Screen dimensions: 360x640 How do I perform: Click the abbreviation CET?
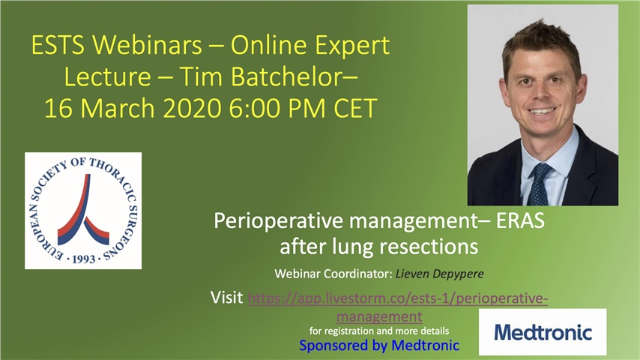[x=348, y=109]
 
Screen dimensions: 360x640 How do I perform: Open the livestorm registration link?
[x=397, y=299]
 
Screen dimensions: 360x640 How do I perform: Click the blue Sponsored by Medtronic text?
[x=379, y=346]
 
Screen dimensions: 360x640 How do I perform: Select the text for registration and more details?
[x=379, y=330]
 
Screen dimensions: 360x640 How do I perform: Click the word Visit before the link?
[x=227, y=299]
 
